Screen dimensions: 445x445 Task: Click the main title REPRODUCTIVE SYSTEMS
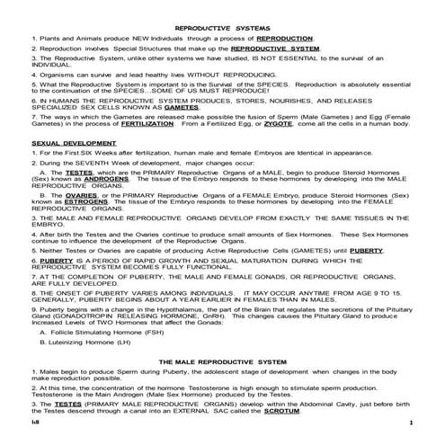(x=221, y=29)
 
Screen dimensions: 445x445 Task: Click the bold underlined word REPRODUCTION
(x=285, y=40)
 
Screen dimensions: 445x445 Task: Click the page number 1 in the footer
(x=410, y=422)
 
